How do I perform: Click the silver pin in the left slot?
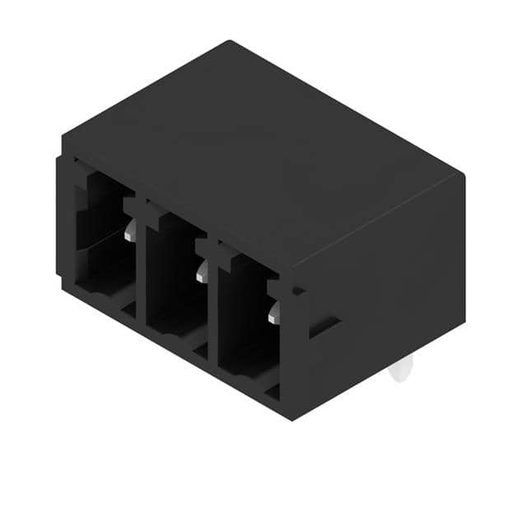click(130, 233)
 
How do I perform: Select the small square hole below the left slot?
click(128, 310)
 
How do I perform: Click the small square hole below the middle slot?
click(200, 350)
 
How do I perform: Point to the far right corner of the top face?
click(464, 175)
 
